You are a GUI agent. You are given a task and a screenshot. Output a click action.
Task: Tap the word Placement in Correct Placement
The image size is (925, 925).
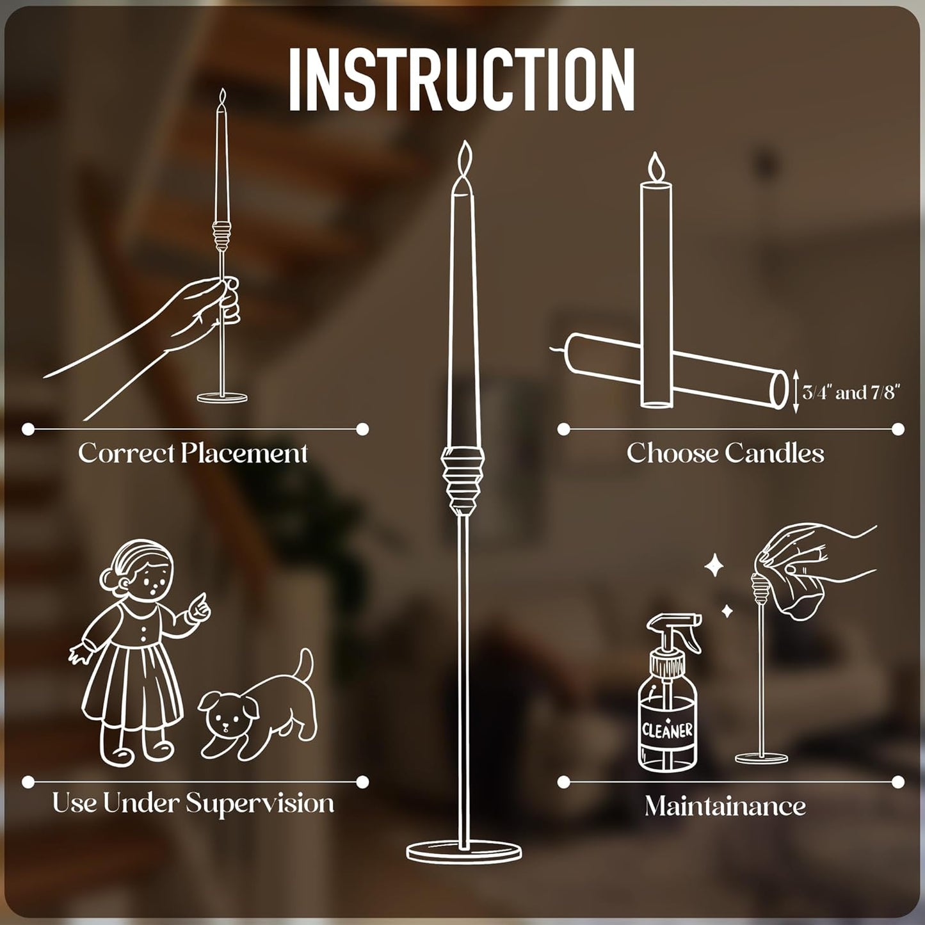(245, 453)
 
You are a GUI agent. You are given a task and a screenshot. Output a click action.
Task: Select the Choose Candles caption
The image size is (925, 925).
(725, 453)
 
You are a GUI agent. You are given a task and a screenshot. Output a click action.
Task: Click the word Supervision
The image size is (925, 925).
(260, 803)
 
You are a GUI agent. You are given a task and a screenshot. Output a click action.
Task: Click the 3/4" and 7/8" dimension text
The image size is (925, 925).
(849, 393)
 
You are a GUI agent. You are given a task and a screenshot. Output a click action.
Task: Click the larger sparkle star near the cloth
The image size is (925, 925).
(715, 567)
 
